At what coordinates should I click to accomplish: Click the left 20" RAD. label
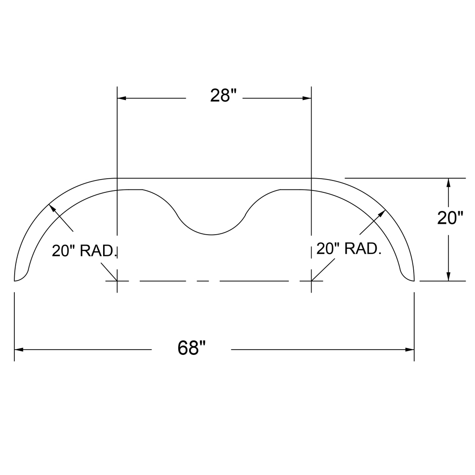[x=85, y=250]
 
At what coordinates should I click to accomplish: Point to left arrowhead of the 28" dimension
[x=122, y=98]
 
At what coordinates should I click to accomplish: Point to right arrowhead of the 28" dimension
[x=307, y=98]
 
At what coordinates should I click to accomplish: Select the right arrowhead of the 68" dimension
[x=410, y=350]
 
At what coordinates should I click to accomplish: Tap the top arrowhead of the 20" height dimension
[x=448, y=182]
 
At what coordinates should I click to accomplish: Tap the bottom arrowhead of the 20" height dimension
[x=448, y=276]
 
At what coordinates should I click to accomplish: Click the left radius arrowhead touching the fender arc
[x=51, y=208]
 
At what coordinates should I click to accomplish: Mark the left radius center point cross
[x=117, y=281]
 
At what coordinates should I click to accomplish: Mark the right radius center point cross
[x=311, y=281]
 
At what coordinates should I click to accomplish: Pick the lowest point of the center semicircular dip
[x=211, y=235]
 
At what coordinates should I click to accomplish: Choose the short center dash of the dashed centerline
[x=203, y=281]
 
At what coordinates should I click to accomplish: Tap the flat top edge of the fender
[x=214, y=178]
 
